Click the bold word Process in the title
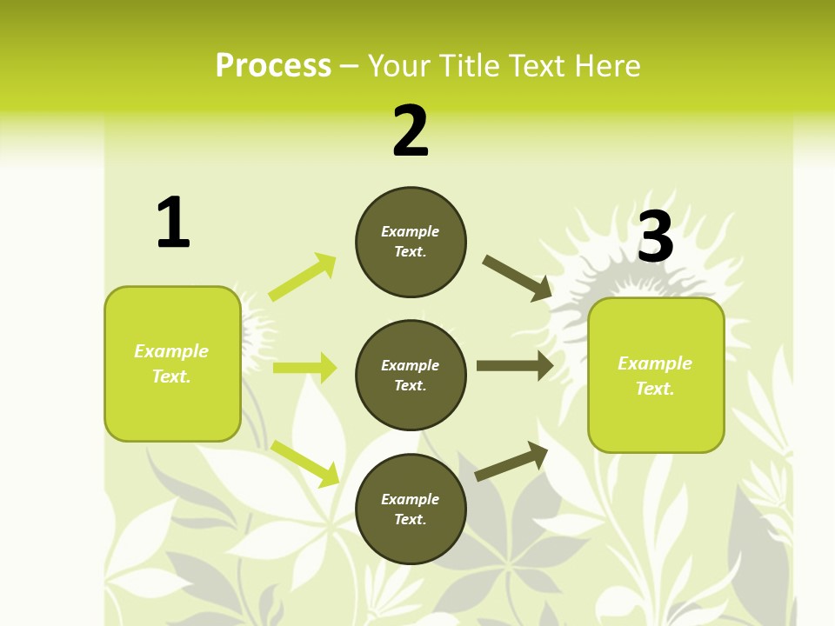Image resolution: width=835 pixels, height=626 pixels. pyautogui.click(x=273, y=66)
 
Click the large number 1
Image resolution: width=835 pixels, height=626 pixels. pyautogui.click(x=172, y=223)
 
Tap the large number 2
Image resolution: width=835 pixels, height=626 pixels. pyautogui.click(x=411, y=131)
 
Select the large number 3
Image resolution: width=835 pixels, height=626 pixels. pyautogui.click(x=655, y=236)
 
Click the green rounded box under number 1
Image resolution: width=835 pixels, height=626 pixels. pyautogui.click(x=172, y=363)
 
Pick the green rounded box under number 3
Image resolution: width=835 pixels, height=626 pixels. pyautogui.click(x=656, y=375)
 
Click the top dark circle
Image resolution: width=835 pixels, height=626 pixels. pyautogui.click(x=411, y=242)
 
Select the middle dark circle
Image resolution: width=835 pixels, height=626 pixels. pyautogui.click(x=411, y=375)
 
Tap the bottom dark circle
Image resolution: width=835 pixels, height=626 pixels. pyautogui.click(x=411, y=509)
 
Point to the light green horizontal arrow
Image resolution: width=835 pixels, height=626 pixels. pyautogui.click(x=304, y=368)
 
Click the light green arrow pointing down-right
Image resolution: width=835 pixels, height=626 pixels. pyautogui.click(x=305, y=463)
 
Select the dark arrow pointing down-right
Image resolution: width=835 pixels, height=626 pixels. pyautogui.click(x=518, y=278)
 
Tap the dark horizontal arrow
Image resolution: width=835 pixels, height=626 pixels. pyautogui.click(x=515, y=366)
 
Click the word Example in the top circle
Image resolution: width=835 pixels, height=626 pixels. pyautogui.click(x=410, y=231)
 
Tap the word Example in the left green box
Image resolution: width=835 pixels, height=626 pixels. pyautogui.click(x=171, y=351)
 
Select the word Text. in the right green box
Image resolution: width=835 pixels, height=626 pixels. pyautogui.click(x=655, y=389)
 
